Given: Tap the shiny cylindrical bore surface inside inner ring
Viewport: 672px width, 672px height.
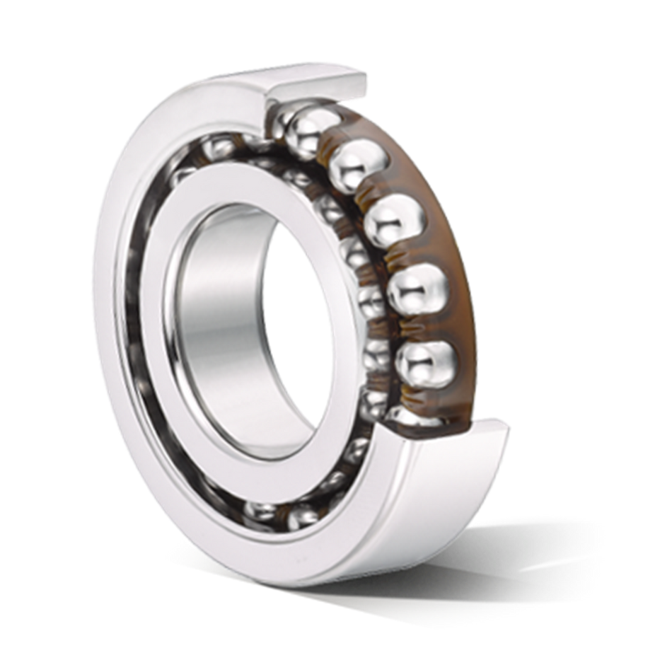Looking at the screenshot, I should (x=205, y=297).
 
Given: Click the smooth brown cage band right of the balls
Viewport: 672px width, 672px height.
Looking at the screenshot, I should (x=453, y=233).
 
